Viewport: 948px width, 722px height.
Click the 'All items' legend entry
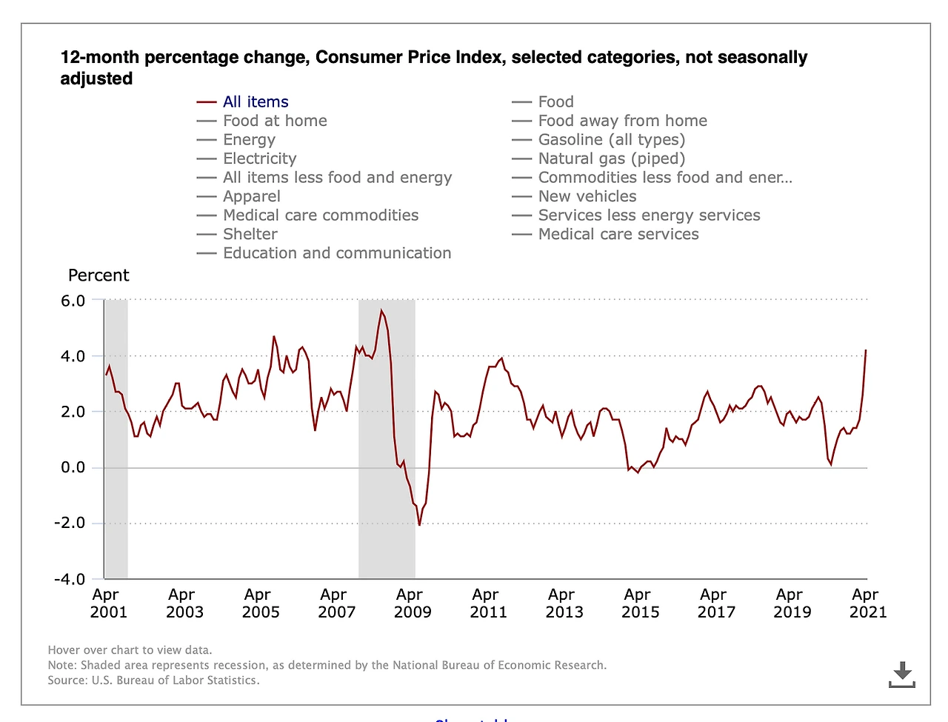click(x=256, y=102)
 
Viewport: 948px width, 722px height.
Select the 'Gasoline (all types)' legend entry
click(x=611, y=140)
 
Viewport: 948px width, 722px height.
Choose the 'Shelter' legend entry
click(x=250, y=234)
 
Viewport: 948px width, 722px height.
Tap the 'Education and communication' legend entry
click(x=336, y=253)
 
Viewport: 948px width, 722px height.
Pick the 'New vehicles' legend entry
click(x=587, y=196)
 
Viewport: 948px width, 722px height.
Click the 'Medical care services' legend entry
click(x=618, y=234)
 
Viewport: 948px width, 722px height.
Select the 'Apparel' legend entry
click(x=251, y=196)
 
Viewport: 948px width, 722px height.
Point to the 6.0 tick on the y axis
click(x=73, y=301)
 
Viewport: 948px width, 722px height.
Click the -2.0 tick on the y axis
click(x=70, y=524)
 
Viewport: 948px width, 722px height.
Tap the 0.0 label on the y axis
click(x=73, y=467)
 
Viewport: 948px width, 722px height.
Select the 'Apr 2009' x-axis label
click(x=411, y=604)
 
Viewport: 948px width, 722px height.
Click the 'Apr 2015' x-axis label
click(x=639, y=604)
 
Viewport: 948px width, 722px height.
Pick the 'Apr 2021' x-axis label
click(x=867, y=604)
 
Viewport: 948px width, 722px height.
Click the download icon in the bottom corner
click(x=901, y=674)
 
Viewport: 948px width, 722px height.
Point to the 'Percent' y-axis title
click(x=99, y=275)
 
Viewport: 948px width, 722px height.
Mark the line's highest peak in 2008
click(x=381, y=310)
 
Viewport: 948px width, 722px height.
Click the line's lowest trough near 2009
click(x=419, y=525)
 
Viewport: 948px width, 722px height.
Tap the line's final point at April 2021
click(x=866, y=350)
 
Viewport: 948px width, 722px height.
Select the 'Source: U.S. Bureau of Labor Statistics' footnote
click(x=154, y=681)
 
